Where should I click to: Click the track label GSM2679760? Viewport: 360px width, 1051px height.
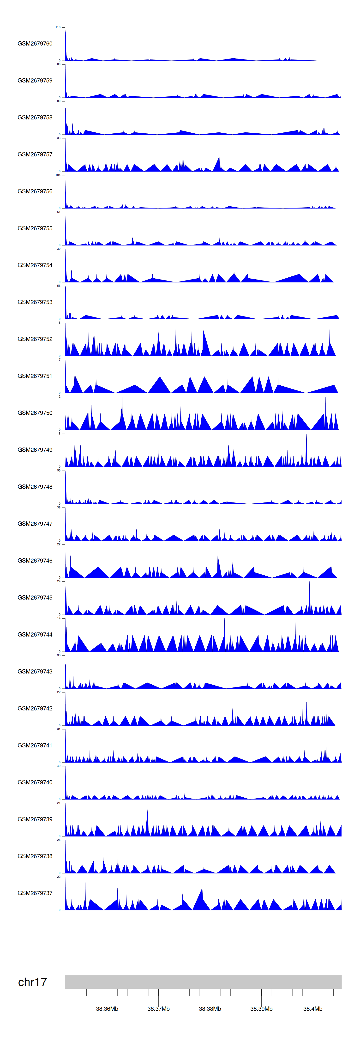tap(35, 44)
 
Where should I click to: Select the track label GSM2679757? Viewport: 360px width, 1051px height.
tap(35, 154)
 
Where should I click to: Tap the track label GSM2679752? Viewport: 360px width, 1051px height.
tap(35, 339)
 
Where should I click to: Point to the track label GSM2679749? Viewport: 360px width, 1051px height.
tap(35, 450)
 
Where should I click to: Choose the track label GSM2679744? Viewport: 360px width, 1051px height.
tap(35, 634)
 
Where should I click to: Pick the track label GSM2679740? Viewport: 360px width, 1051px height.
tap(35, 782)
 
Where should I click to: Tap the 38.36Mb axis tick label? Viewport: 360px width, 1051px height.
tap(107, 1009)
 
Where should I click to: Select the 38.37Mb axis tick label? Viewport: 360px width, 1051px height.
tap(158, 1009)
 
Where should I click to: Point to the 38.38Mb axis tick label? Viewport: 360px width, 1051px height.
tap(210, 1009)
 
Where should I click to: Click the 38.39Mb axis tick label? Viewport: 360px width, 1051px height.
tap(261, 1009)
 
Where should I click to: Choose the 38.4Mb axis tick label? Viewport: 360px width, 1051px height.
tap(313, 1009)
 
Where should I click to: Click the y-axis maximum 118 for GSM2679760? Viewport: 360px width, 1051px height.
tap(58, 27)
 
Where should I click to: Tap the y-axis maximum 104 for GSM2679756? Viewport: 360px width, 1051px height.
tap(58, 175)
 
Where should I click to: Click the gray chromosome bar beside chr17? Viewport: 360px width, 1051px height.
tap(203, 982)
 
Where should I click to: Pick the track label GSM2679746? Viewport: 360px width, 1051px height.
tap(35, 561)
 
